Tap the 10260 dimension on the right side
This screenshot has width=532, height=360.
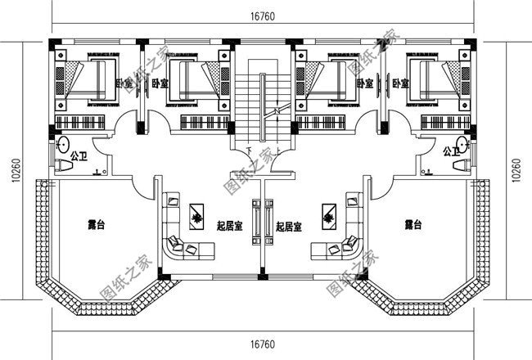[x=516, y=173]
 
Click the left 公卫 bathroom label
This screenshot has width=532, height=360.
[x=79, y=152]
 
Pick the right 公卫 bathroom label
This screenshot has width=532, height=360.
[x=450, y=152]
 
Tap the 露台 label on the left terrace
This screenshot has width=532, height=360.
[x=96, y=223]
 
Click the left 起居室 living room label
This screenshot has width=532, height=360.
[x=229, y=227]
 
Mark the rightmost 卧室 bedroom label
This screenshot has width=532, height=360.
[x=400, y=83]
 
